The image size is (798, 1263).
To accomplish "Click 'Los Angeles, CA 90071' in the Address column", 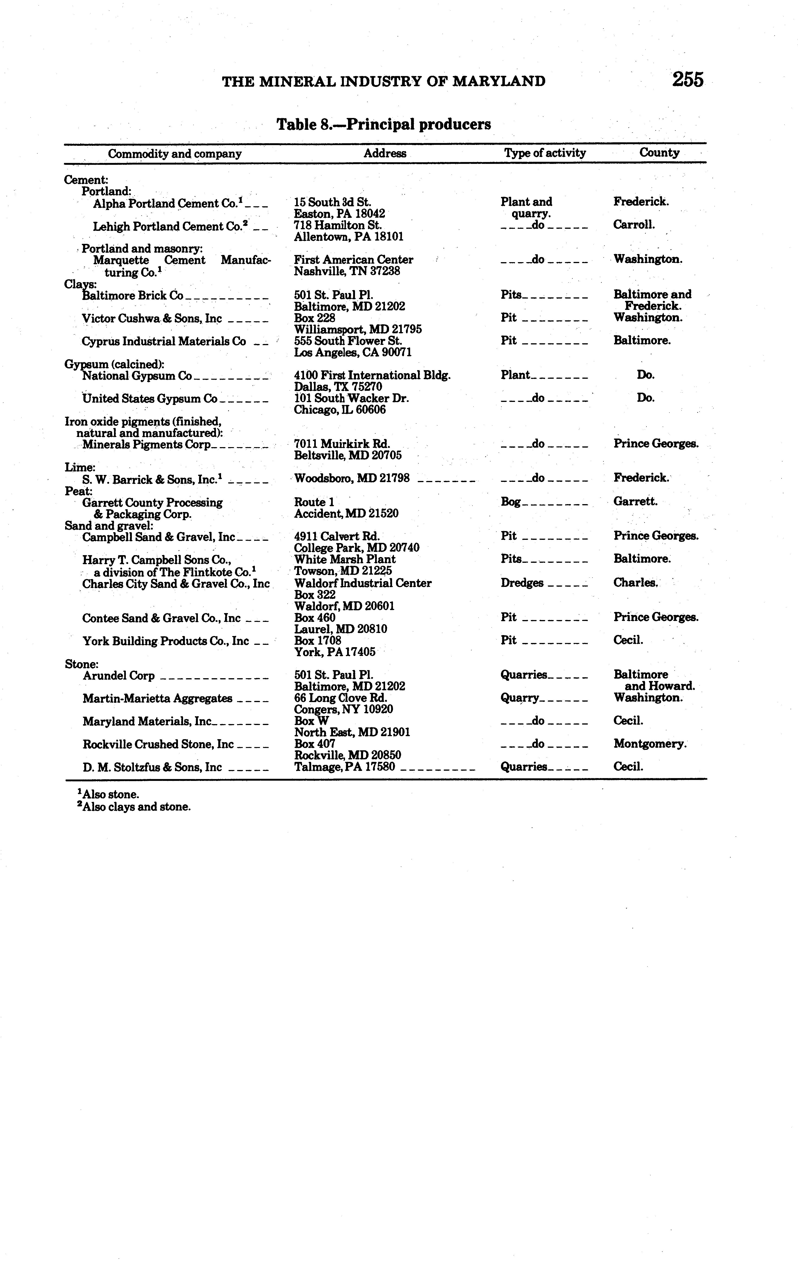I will tap(352, 353).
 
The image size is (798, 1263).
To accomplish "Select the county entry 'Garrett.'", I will tap(635, 501).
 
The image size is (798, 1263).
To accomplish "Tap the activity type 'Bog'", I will tap(511, 502).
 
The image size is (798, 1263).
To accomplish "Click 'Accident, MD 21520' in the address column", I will tap(346, 513).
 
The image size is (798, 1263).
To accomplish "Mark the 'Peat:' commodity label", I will tap(78, 491).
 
